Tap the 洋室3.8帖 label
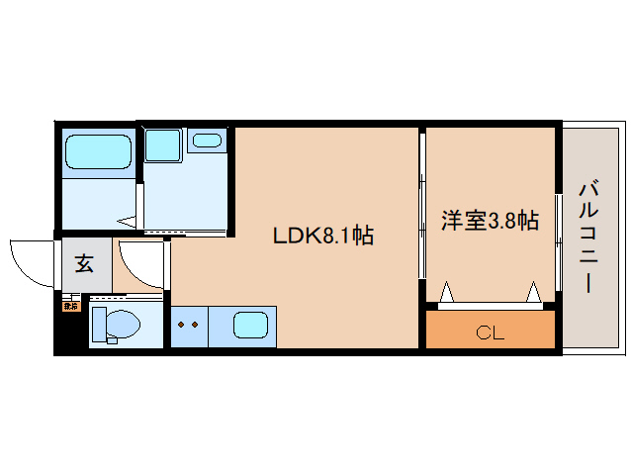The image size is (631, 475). pos(490,221)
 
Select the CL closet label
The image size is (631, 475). pos(490,332)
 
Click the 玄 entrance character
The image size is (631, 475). pos(85,264)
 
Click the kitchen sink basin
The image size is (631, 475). pos(250,323)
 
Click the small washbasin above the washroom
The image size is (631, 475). pos(207,140)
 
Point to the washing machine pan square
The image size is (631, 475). pos(163,144)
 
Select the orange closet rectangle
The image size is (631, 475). pos(490,330)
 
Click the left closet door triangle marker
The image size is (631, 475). pos(446,292)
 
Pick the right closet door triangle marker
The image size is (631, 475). pos(533,292)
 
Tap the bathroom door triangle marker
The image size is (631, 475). pos(127,222)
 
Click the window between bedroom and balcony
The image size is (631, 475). pos(558,237)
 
